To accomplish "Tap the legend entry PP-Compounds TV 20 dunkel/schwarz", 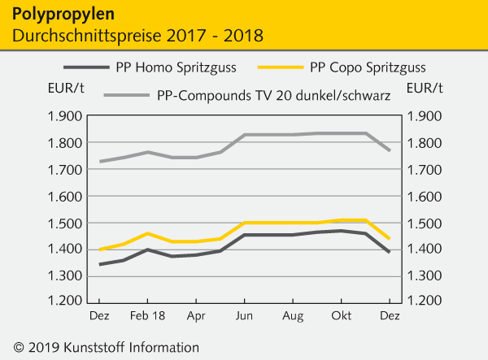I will [x=272, y=96].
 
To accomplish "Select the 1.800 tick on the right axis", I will [x=424, y=144].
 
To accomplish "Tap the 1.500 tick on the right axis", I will [x=424, y=223].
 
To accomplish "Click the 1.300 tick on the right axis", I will [x=424, y=276].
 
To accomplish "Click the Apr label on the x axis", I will [x=195, y=312].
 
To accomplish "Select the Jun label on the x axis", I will [x=245, y=312].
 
